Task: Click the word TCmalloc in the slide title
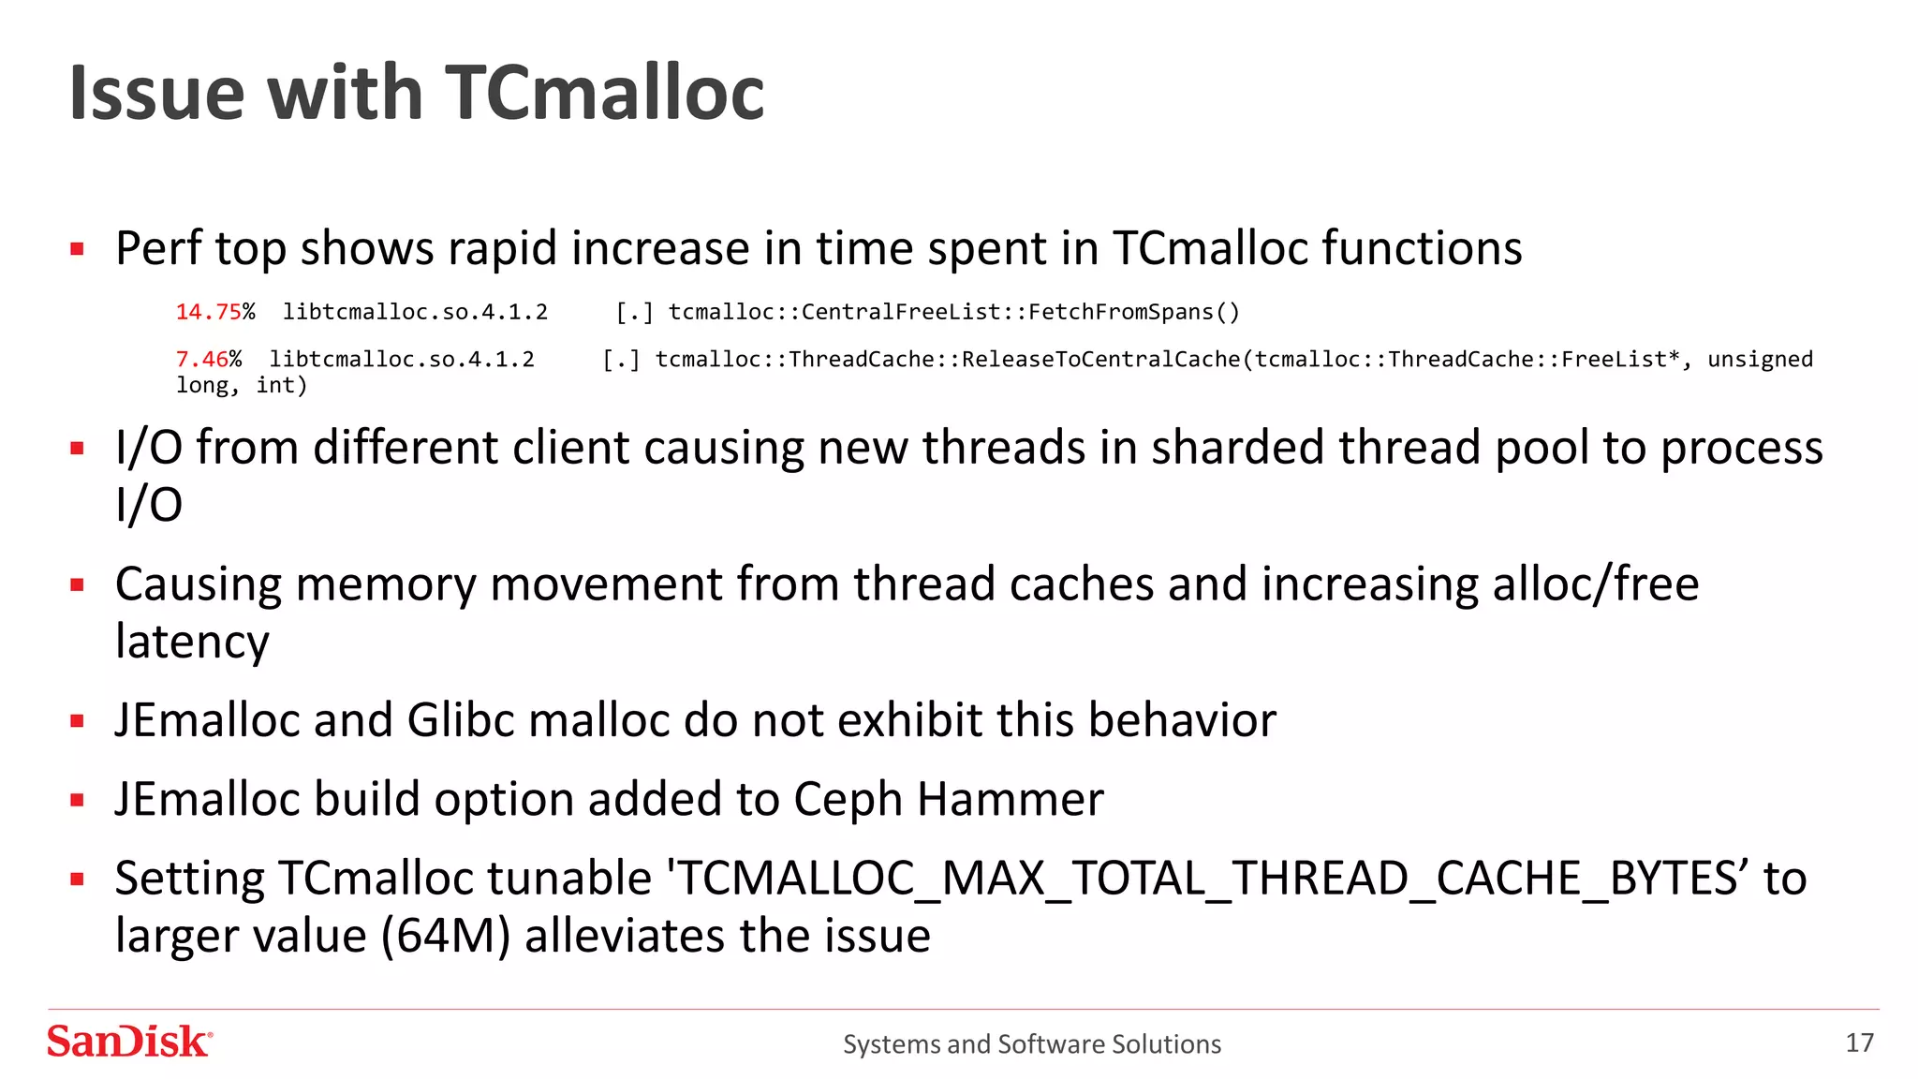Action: point(604,94)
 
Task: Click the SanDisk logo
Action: point(129,1042)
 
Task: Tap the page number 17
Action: point(1858,1042)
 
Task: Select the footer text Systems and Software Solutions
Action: point(1031,1044)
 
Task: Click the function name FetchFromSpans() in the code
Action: point(1133,312)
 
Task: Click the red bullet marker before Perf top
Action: point(78,249)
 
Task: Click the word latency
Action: point(192,643)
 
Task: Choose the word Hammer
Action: point(1010,800)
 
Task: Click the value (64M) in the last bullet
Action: point(446,937)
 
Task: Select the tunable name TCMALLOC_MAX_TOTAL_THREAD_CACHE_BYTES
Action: point(1205,879)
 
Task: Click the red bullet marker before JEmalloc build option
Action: point(78,800)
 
